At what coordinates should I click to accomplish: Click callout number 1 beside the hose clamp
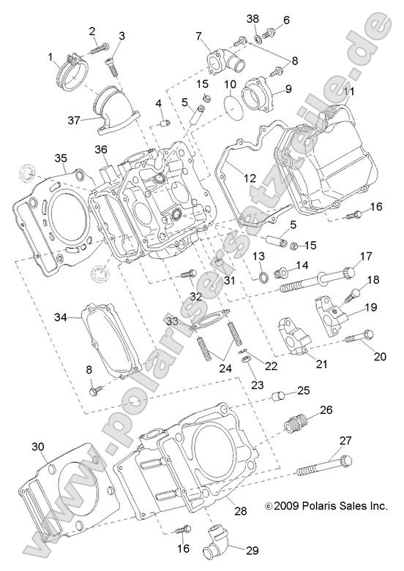click(51, 57)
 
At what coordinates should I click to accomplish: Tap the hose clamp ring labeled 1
click(71, 70)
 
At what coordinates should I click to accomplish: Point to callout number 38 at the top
click(252, 18)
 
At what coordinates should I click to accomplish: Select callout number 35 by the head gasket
click(61, 158)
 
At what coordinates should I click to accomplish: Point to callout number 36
click(101, 150)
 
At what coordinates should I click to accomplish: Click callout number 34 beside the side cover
click(61, 317)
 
